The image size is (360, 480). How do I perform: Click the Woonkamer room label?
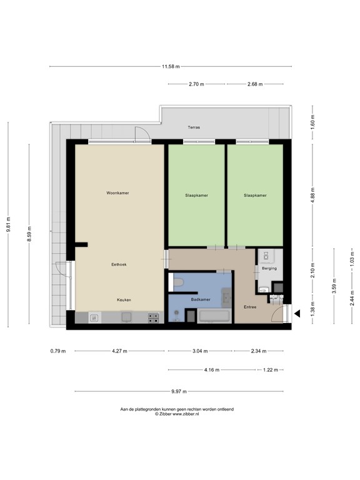click(x=117, y=193)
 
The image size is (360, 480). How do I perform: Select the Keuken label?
click(x=124, y=300)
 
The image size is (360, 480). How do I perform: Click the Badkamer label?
click(x=200, y=300)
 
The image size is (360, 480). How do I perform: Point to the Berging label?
click(x=269, y=269)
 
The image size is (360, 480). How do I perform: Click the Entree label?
click(x=249, y=307)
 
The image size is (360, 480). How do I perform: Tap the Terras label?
click(x=194, y=127)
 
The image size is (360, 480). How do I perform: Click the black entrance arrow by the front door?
click(x=298, y=314)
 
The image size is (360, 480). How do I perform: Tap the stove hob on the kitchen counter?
click(x=153, y=317)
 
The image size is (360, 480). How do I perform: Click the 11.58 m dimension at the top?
click(x=170, y=66)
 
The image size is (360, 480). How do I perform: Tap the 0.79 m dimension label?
click(x=57, y=351)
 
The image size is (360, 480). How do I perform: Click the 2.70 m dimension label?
click(x=196, y=84)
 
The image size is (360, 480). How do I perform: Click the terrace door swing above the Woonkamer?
click(x=142, y=132)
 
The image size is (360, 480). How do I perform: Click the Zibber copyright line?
click(x=177, y=413)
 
